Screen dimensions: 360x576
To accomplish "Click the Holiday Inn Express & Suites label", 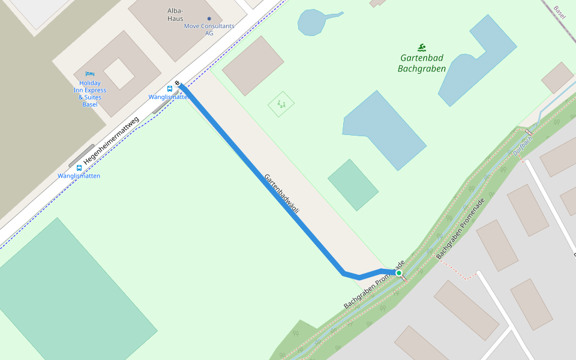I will pos(90,94).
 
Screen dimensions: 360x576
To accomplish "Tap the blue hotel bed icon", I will pos(90,74).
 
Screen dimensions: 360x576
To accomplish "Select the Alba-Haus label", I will pos(175,15).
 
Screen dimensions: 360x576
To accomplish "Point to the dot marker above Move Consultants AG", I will pos(209,19).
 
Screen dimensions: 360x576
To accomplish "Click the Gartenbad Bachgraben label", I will pos(422,64).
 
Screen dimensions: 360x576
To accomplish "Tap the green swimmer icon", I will pos(422,47).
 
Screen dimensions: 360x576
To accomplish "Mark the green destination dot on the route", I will pos(398,273).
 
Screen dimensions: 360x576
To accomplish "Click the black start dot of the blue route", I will pos(178,83).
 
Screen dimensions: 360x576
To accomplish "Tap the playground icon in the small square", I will pos(281,104).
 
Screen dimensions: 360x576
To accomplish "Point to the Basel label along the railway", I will pos(560,12).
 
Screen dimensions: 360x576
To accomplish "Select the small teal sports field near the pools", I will pos(353,185).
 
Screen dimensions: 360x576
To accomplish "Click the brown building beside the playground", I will pos(253,65).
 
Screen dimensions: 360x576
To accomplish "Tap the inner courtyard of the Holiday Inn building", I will pos(119,73).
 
